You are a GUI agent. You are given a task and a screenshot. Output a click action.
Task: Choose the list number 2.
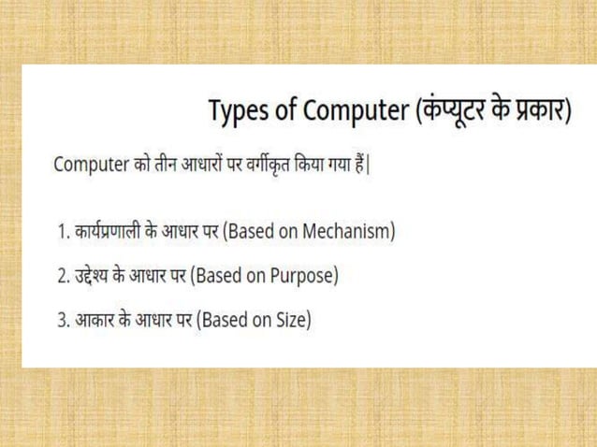click(x=62, y=277)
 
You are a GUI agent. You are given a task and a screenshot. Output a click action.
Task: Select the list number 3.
click(x=62, y=321)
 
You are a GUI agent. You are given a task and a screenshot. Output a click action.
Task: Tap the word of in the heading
click(x=286, y=112)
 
